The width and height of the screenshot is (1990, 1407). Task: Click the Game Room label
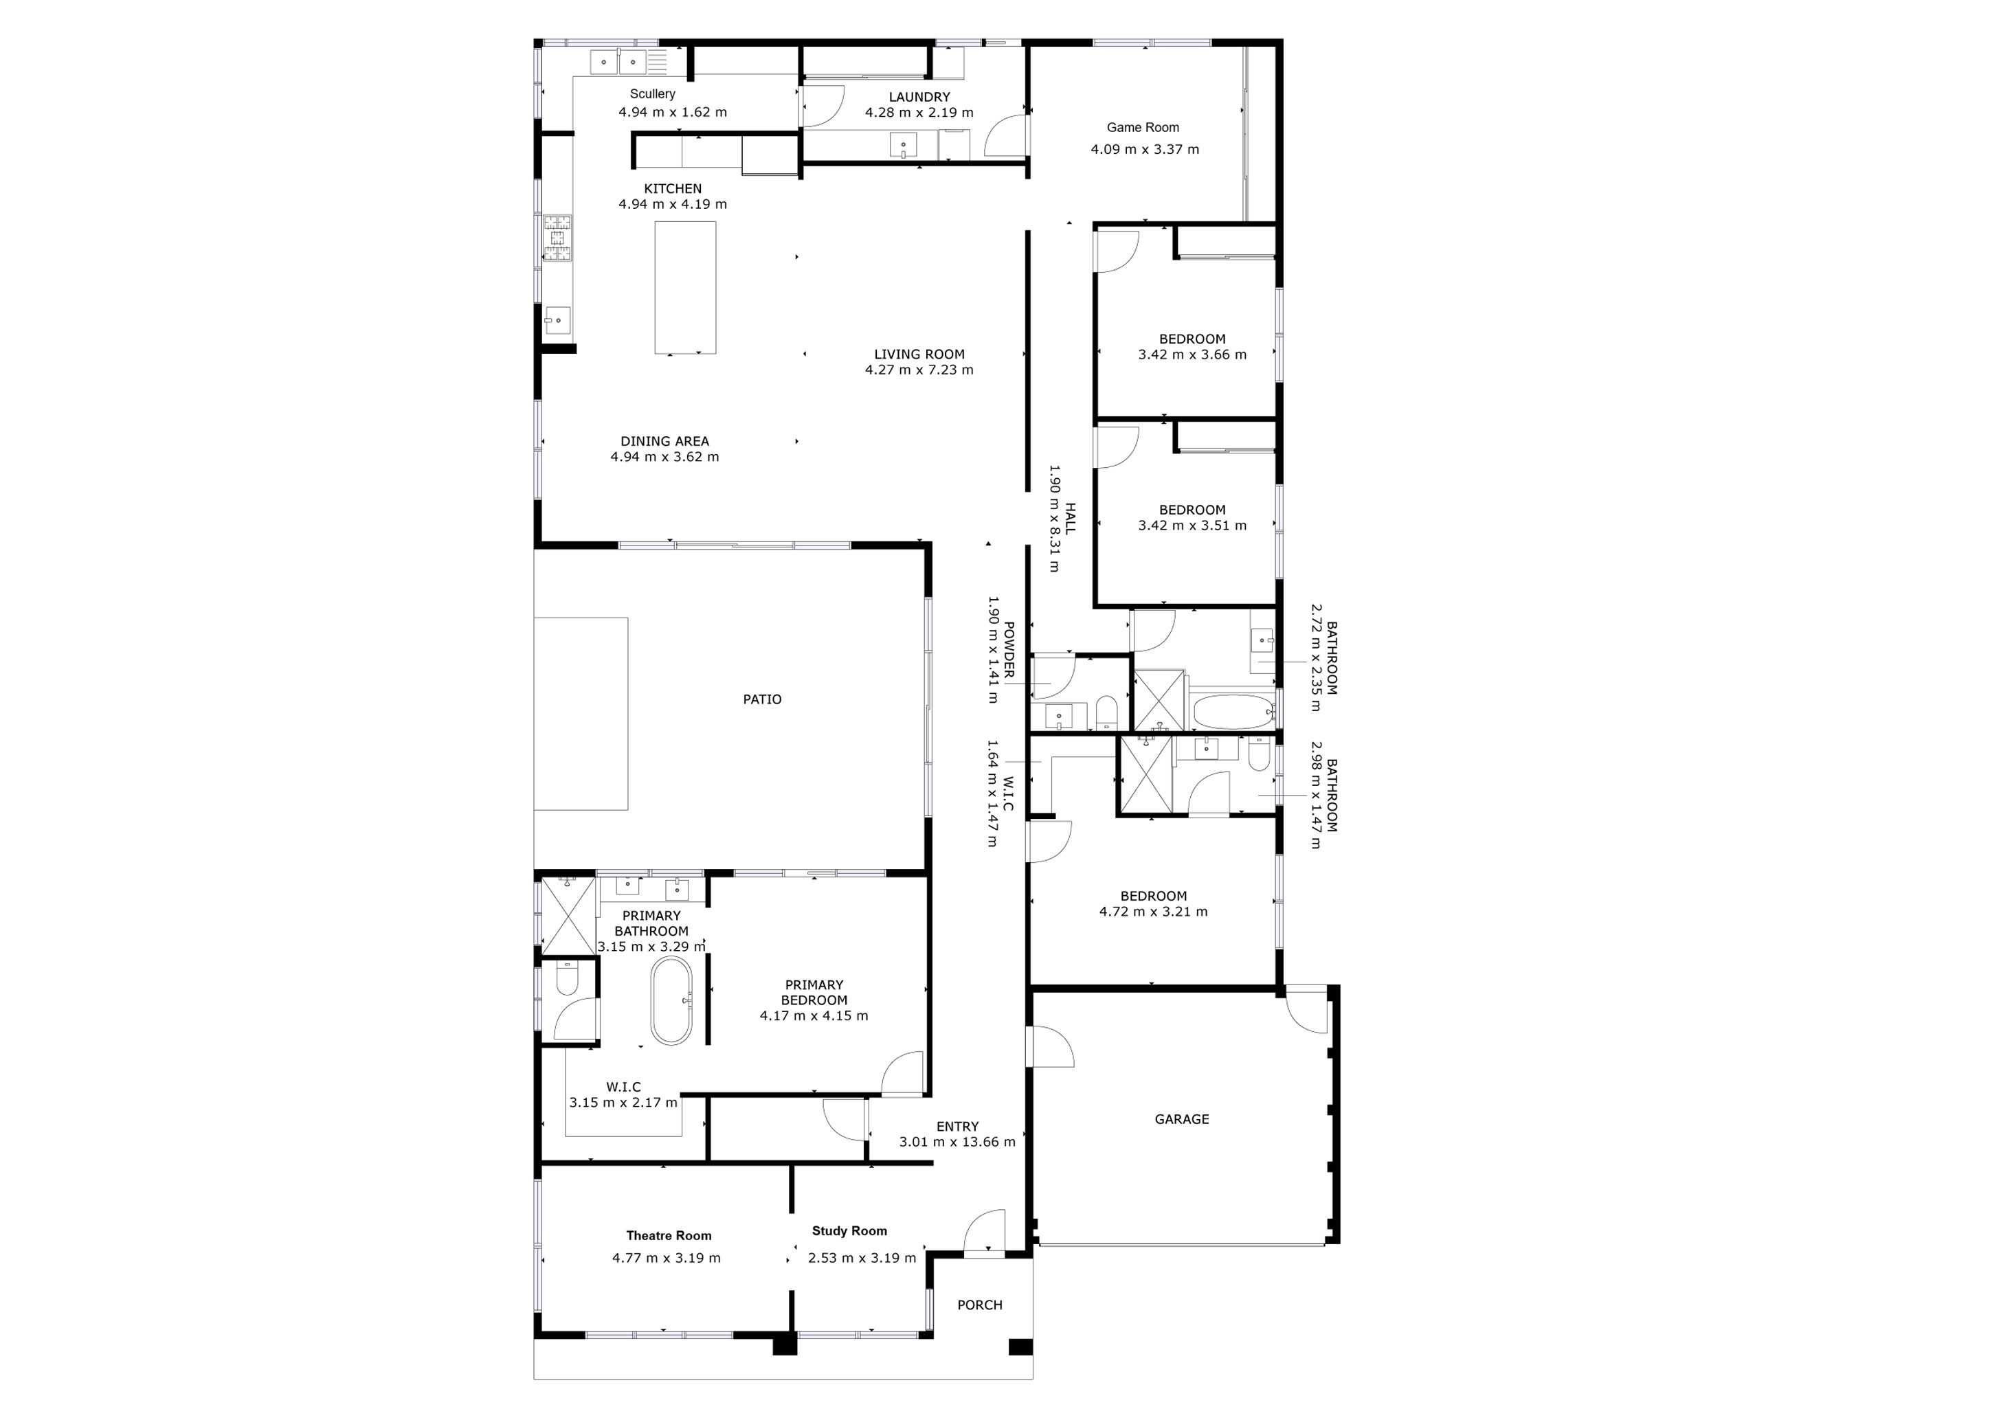pyautogui.click(x=1142, y=127)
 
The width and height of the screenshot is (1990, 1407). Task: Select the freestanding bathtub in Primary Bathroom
pyautogui.click(x=672, y=1001)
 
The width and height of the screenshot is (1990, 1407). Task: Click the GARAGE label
pyautogui.click(x=1181, y=1119)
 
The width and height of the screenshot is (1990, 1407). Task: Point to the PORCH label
pyautogui.click(x=979, y=1305)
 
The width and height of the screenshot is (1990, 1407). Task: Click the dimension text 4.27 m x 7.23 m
pyautogui.click(x=919, y=370)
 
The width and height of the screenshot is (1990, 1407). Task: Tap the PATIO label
pyautogui.click(x=762, y=699)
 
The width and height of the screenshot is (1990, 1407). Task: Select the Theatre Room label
pyautogui.click(x=668, y=1235)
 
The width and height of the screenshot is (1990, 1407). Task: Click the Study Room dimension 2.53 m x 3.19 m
pyautogui.click(x=862, y=1258)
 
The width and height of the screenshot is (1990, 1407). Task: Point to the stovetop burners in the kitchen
pyautogui.click(x=557, y=238)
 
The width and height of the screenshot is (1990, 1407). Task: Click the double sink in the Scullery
pyautogui.click(x=619, y=63)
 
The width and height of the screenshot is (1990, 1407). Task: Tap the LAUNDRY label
pyautogui.click(x=919, y=97)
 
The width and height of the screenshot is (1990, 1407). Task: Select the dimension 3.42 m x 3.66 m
pyautogui.click(x=1192, y=354)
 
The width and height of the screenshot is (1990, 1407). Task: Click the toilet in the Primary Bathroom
pyautogui.click(x=567, y=981)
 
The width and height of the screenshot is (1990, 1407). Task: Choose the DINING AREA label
pyautogui.click(x=664, y=441)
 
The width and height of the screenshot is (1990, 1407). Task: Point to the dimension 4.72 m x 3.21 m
pyautogui.click(x=1153, y=912)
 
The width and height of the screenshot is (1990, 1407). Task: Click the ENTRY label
pyautogui.click(x=957, y=1126)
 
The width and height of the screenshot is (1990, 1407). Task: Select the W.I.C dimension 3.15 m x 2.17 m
pyautogui.click(x=623, y=1103)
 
